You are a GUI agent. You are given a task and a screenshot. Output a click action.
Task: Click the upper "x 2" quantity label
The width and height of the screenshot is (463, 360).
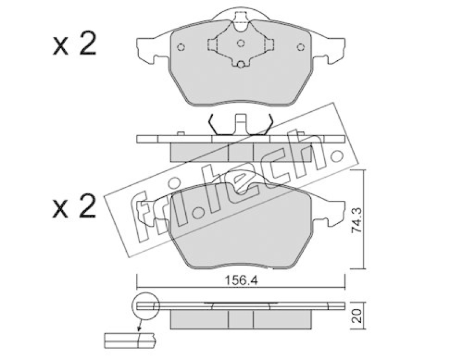pyautogui.click(x=75, y=45)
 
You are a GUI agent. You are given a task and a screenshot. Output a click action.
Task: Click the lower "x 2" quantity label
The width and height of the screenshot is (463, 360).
pyautogui.click(x=75, y=207)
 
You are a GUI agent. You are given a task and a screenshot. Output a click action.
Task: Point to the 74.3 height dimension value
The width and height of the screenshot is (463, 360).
pyautogui.click(x=357, y=221)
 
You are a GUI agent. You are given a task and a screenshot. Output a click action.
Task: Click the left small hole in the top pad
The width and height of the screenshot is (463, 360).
pyautogui.click(x=181, y=47)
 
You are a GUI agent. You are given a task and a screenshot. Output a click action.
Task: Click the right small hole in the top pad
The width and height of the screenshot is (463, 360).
pyautogui.click(x=300, y=47)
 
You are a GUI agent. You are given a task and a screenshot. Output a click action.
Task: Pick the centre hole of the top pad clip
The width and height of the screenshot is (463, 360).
pyautogui.click(x=241, y=43)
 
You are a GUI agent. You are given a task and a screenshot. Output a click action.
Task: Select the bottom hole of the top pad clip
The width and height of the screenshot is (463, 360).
pyautogui.click(x=241, y=64)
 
